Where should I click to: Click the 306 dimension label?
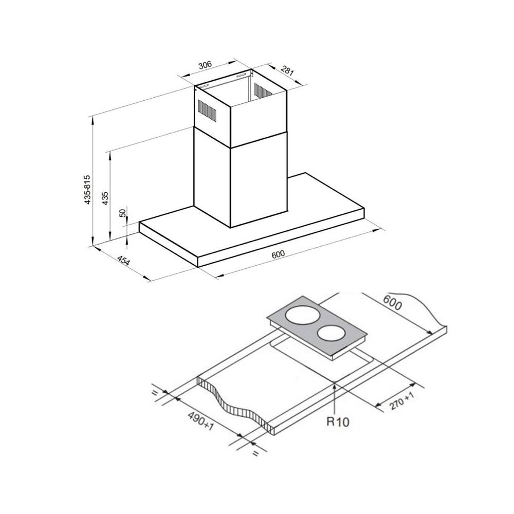coord(205,65)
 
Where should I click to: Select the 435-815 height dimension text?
coord(88,190)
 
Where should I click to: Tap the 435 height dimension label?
coord(105,198)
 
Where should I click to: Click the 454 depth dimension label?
coord(123,263)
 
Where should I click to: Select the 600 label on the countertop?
coord(392,304)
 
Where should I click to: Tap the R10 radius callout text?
coord(338,423)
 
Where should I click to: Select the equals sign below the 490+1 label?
coord(255,453)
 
